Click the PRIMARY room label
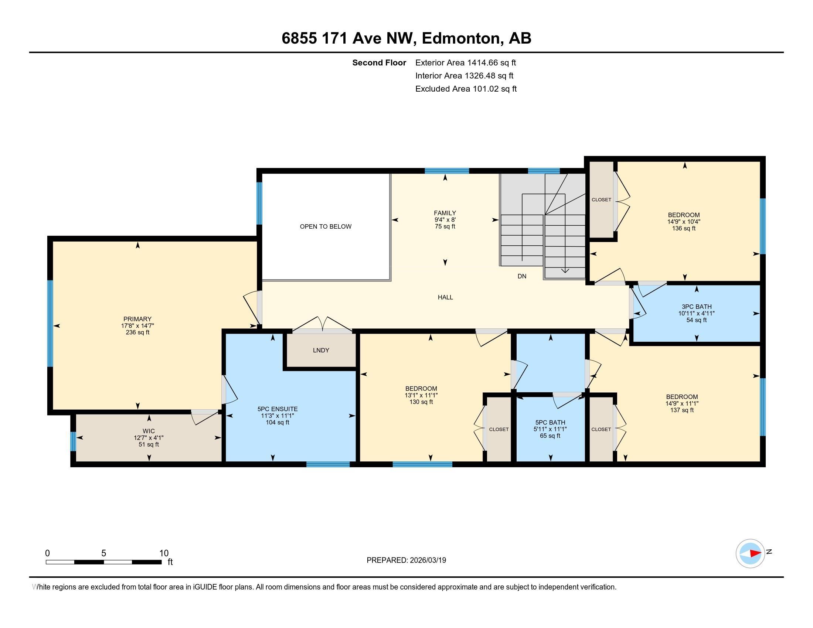pos(137,319)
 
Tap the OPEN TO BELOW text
pos(325,226)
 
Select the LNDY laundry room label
pos(321,351)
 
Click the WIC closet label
pos(149,431)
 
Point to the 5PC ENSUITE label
pos(277,409)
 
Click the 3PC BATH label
pos(696,307)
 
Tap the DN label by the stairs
pos(522,276)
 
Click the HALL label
pos(445,297)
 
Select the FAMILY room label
pos(445,213)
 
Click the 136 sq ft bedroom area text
pos(683,228)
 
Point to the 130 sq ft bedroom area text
pos(421,402)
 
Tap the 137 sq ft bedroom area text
pos(682,410)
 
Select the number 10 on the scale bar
pos(164,553)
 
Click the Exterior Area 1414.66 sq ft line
pos(465,63)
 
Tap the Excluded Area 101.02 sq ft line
pos(466,89)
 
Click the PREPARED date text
pos(406,560)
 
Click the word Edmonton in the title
pos(460,38)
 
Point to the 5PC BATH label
pos(550,423)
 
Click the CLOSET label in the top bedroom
pos(601,200)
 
